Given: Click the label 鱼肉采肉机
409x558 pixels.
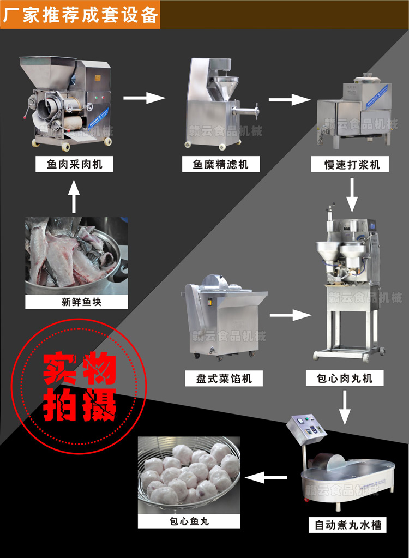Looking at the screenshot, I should pos(74,164).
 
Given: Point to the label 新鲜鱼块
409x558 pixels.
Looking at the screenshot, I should pos(76,302).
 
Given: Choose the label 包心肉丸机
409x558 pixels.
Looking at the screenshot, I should pos(345,377).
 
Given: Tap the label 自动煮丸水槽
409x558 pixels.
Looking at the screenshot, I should pos(347,525).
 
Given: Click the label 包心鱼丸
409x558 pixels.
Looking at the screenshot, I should pos(189,521).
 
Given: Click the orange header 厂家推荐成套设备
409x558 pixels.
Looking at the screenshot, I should pos(80,14).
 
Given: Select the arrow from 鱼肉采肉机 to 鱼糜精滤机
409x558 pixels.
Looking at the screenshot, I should pos(144,98).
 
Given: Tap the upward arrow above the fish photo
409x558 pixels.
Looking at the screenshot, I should pos(74,195).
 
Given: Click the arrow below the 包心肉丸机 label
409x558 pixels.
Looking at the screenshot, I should pos(344,407).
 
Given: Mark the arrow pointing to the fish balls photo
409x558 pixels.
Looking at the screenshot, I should pos(267,478).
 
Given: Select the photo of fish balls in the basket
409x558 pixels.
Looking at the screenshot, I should pos(189,475).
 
